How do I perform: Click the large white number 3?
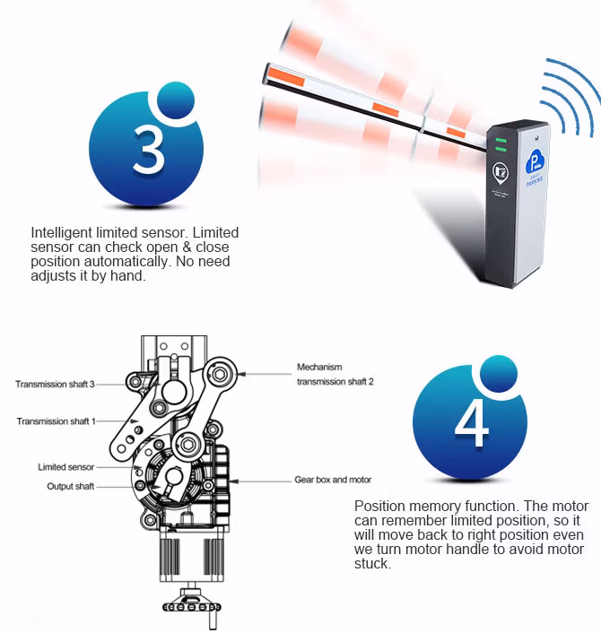click(149, 150)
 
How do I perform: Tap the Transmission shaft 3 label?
click(55, 384)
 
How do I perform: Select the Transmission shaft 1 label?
click(57, 421)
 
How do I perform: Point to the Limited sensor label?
click(65, 467)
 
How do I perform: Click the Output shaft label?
click(70, 486)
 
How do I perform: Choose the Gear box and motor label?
click(333, 480)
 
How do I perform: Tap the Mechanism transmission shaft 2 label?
click(335, 374)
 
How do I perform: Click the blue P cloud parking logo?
click(535, 161)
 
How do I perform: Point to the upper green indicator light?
click(501, 141)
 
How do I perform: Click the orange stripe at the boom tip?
click(286, 77)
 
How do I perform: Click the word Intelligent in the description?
click(62, 233)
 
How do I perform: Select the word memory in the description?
click(435, 507)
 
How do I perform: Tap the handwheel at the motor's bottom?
click(192, 606)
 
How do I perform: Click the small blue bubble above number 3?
click(176, 100)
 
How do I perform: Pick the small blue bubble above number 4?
click(499, 374)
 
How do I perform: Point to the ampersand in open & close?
click(187, 247)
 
